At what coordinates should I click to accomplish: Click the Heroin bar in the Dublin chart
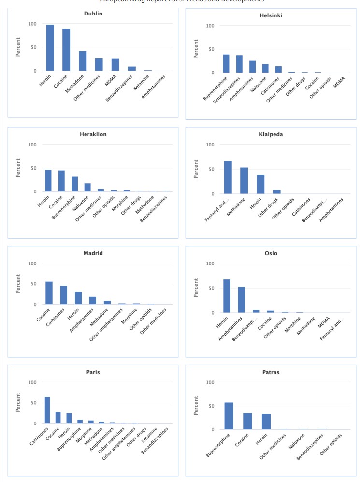(x=50, y=48)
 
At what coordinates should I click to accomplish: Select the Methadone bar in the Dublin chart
(x=83, y=61)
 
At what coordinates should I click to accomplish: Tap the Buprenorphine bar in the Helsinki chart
(x=226, y=64)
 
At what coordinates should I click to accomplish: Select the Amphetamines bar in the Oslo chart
(x=242, y=300)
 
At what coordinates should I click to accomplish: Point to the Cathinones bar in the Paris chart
(x=47, y=410)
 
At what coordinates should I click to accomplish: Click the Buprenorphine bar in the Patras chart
(x=229, y=416)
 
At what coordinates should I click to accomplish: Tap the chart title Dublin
(x=93, y=14)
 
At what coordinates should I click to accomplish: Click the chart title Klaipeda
(x=271, y=134)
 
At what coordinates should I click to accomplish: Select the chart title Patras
(x=271, y=373)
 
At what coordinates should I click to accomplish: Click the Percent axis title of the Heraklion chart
(x=18, y=167)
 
